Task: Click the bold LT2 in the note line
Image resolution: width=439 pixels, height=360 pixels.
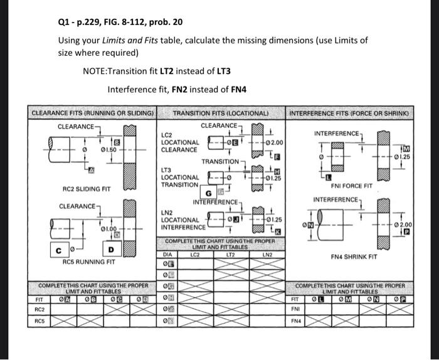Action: tap(167, 71)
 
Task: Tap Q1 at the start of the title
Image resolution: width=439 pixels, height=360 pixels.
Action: tap(63, 22)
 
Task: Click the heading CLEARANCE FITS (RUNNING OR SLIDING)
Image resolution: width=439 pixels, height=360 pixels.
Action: tap(93, 114)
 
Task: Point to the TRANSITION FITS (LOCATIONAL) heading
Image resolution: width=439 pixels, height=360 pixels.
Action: tap(220, 114)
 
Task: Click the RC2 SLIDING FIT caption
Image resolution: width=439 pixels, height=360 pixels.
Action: tap(87, 188)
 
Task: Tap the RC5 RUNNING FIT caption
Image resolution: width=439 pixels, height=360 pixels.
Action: tap(88, 262)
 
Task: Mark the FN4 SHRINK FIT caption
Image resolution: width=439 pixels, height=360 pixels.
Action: tap(354, 257)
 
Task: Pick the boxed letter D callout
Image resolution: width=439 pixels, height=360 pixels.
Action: tap(111, 251)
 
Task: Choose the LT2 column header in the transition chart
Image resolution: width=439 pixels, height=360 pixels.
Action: tap(229, 255)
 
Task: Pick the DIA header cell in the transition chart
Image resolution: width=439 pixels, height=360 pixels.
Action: tap(167, 255)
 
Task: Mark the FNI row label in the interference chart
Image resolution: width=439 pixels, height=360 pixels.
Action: tap(296, 309)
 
